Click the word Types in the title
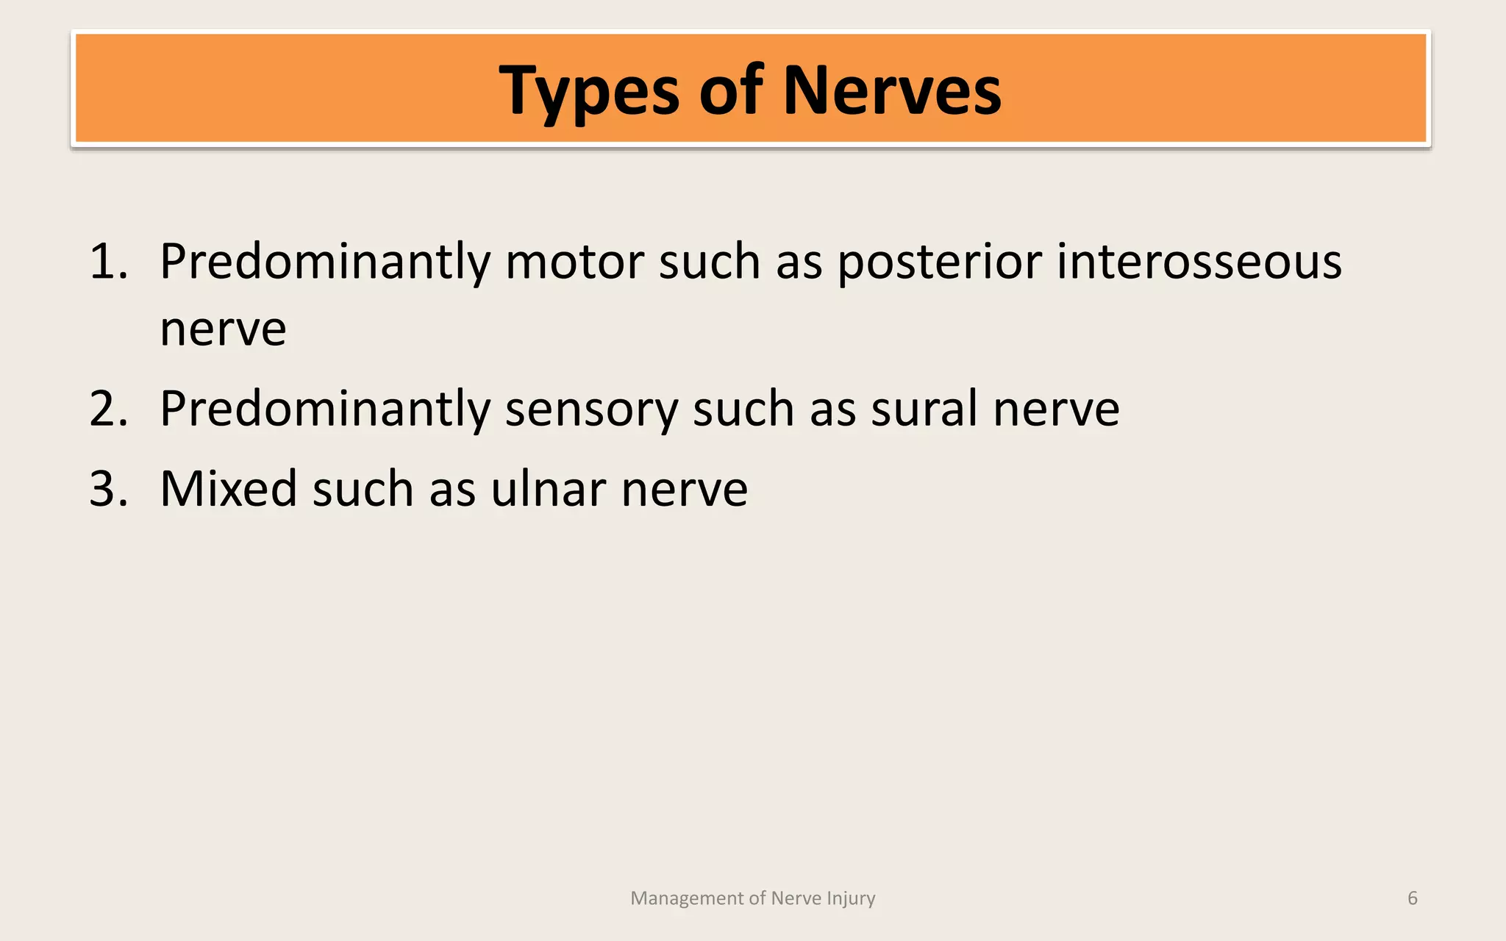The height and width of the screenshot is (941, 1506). click(x=588, y=91)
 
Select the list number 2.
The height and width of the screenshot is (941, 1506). click(x=107, y=409)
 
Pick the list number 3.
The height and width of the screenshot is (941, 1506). click(x=107, y=489)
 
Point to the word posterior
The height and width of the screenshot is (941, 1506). click(x=939, y=262)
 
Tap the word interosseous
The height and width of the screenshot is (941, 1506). click(x=1199, y=262)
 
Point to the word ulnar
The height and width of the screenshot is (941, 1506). click(x=548, y=488)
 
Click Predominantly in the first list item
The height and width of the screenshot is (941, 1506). click(x=324, y=262)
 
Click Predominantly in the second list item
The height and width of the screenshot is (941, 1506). click(x=324, y=409)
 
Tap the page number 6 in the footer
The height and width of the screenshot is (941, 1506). click(x=1412, y=898)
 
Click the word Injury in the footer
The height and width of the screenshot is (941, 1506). click(x=851, y=898)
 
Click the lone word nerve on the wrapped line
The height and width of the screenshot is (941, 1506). click(x=223, y=329)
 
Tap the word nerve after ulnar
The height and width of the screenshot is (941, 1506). click(x=684, y=490)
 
